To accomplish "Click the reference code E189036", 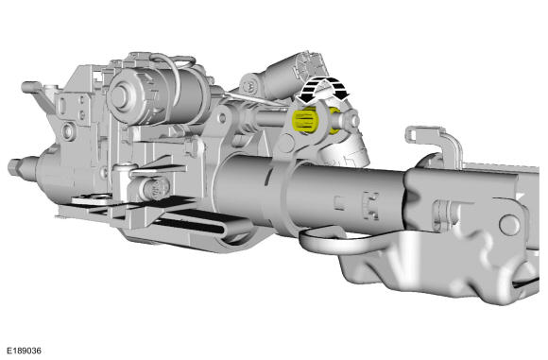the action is (x=24, y=351).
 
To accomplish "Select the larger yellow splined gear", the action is (x=305, y=121).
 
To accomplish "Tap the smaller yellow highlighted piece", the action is (x=334, y=121).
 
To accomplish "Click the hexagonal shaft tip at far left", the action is (x=15, y=167).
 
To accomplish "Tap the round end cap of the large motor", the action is (x=120, y=96).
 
